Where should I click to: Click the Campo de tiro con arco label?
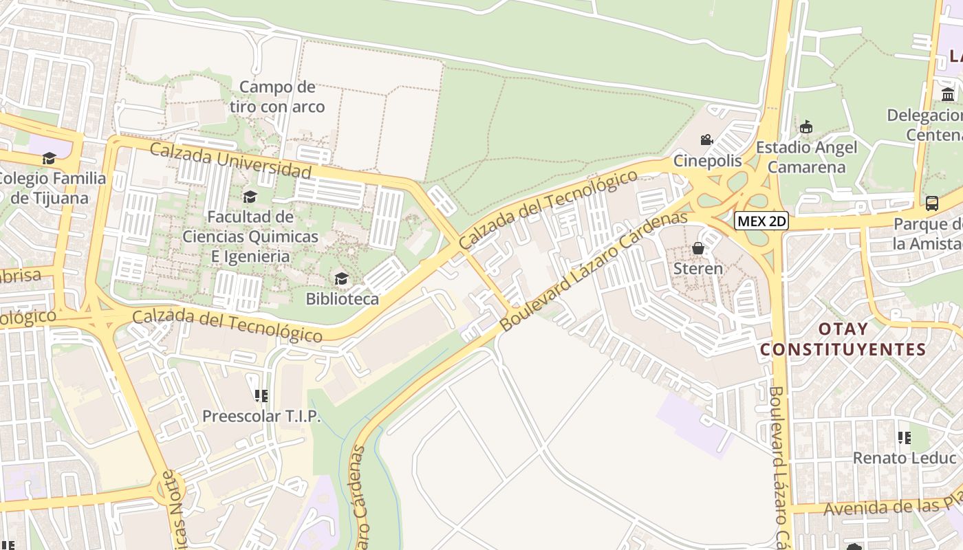[x=277, y=97]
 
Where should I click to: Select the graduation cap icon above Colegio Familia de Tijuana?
[x=49, y=159]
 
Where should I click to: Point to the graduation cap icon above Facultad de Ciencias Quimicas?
[x=250, y=197]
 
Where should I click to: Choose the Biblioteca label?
[x=342, y=299]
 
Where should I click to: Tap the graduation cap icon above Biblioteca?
[x=341, y=278]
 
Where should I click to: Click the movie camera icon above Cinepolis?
[x=706, y=140]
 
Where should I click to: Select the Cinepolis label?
[x=708, y=161]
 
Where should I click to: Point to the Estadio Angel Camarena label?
[x=807, y=157]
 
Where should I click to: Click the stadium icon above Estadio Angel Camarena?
[x=806, y=127]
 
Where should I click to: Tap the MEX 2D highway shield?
[x=761, y=221]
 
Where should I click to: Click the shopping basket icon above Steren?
[x=698, y=248]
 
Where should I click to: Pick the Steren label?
[x=698, y=268]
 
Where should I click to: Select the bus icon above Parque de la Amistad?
[x=932, y=203]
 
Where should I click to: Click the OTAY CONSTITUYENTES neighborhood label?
[x=843, y=339]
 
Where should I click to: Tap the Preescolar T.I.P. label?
[x=261, y=416]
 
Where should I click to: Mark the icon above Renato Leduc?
[x=905, y=437]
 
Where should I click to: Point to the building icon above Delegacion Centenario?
[x=948, y=94]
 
